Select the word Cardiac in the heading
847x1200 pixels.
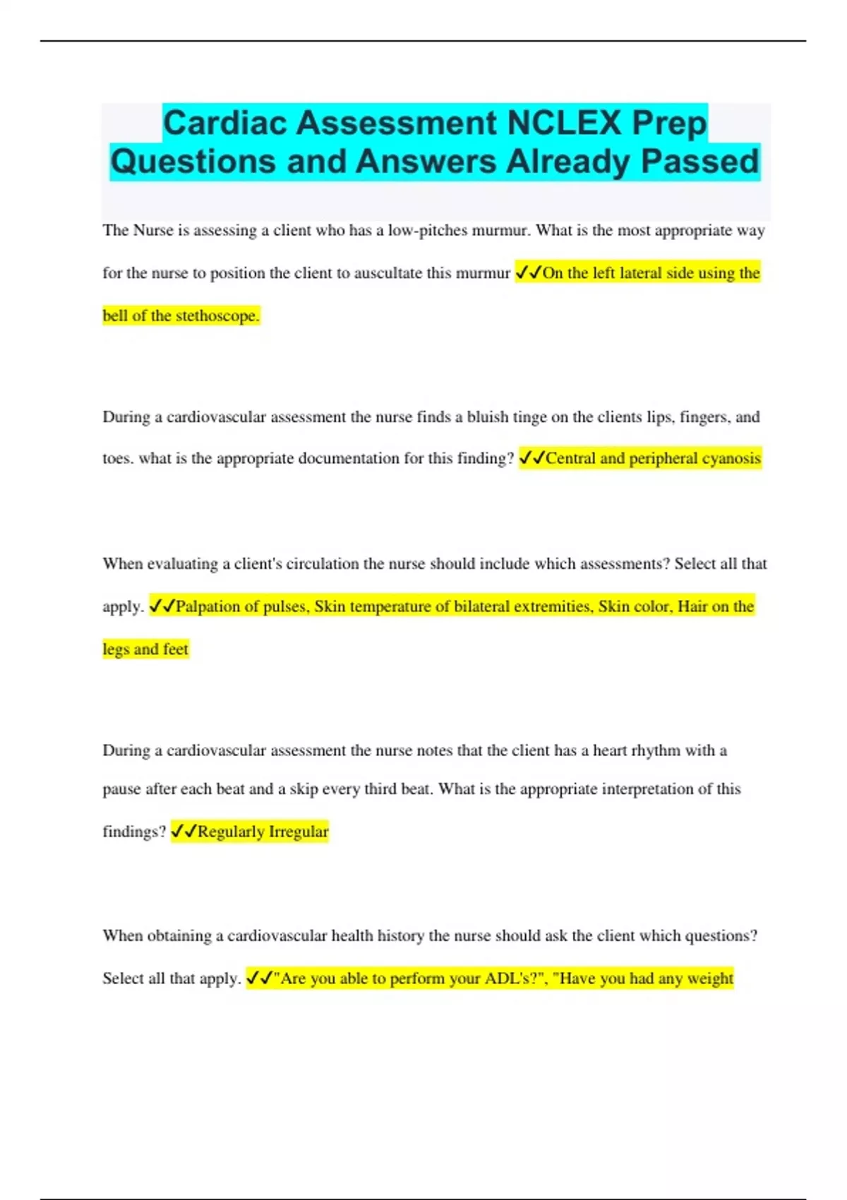[x=225, y=123]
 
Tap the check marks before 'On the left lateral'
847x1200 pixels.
[x=528, y=272]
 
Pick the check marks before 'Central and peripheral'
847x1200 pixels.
[x=531, y=458]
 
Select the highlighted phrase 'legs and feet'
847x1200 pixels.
[x=145, y=649]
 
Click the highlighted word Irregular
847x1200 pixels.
[x=299, y=832]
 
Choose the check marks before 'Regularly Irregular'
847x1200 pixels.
[x=184, y=832]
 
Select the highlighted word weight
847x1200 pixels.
[x=710, y=978]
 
